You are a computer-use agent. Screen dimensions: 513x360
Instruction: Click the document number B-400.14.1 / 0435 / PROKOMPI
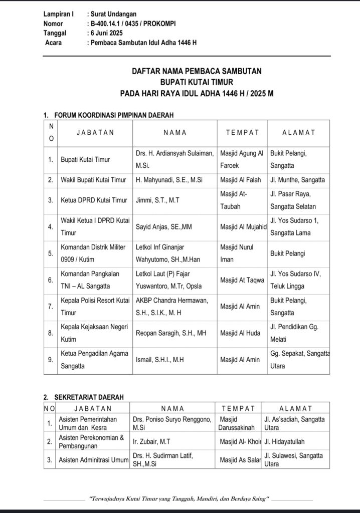[x=132, y=24]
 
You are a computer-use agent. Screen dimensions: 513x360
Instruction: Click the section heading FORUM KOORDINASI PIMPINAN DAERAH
[x=114, y=115]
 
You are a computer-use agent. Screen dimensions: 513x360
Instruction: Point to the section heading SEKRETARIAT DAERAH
[x=89, y=397]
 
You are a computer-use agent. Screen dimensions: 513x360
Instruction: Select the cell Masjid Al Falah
[x=241, y=180]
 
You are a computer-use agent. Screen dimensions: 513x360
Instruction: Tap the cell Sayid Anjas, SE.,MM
[x=163, y=226]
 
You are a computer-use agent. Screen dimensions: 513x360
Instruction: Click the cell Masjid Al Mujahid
[x=243, y=226]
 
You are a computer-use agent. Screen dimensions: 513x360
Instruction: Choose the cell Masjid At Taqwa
[x=242, y=281]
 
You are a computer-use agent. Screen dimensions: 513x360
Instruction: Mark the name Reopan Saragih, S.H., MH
[x=170, y=333]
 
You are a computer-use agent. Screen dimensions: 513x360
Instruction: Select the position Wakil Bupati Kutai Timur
[x=93, y=180]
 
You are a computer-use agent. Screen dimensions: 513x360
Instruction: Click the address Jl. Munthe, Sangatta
[x=297, y=180]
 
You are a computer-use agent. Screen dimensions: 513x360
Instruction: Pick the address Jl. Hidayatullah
[x=284, y=442]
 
